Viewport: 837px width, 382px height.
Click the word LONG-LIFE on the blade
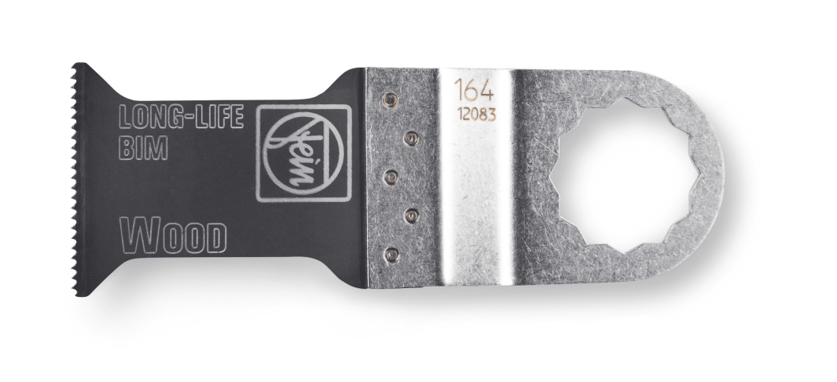coord(180,117)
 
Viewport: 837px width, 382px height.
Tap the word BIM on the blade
coord(142,147)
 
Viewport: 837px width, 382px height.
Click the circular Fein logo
coord(304,154)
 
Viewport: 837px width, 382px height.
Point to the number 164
coord(474,91)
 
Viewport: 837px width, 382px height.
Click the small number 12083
coord(477,115)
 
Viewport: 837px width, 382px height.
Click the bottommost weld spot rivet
coord(391,254)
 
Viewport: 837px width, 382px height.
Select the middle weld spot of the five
coord(391,177)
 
